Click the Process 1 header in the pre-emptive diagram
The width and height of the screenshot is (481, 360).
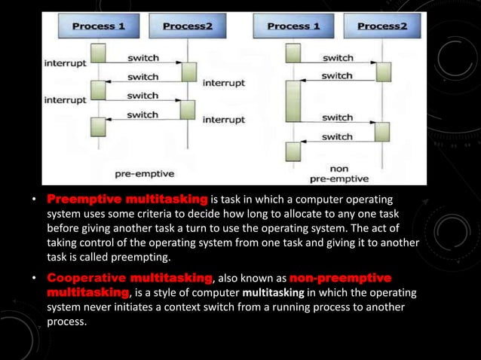coord(100,27)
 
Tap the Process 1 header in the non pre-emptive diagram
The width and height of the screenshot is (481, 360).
coord(293,27)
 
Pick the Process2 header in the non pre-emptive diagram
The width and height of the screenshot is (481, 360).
coord(381,27)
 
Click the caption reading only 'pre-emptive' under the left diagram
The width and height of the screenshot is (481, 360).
coord(145,173)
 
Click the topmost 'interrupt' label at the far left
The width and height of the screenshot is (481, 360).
coord(65,63)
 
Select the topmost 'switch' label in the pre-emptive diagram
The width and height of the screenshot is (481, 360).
coord(142,57)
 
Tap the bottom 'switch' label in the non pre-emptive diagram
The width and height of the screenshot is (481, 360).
coord(337,136)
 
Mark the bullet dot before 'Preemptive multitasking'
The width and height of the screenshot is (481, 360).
coord(33,200)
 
